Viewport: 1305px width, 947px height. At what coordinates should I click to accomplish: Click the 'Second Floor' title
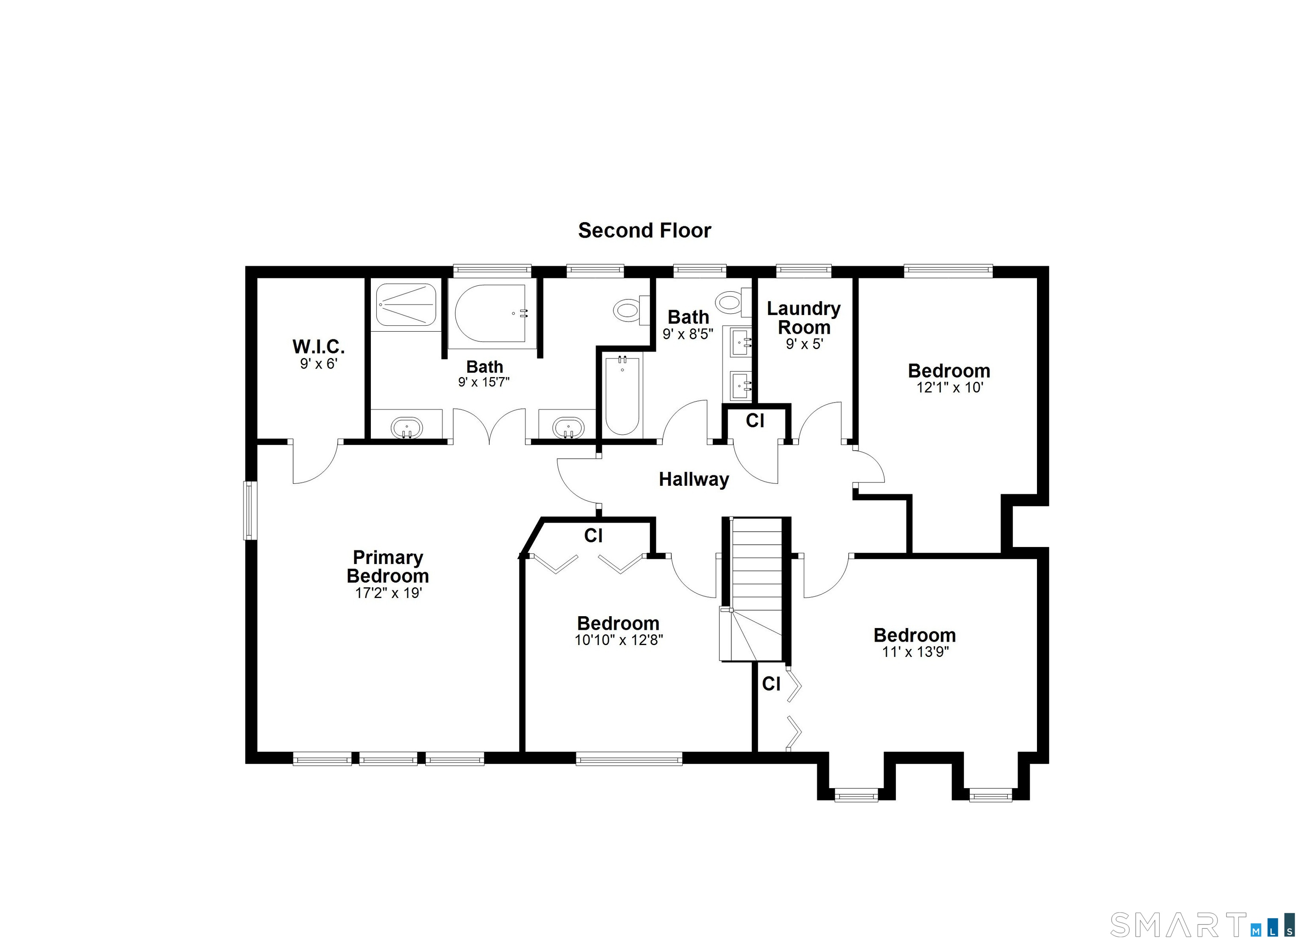coord(644,231)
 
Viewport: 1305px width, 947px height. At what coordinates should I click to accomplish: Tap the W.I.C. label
coord(318,347)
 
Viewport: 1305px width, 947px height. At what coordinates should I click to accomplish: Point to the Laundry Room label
coord(804,318)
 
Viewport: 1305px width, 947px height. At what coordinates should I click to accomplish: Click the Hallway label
coord(694,479)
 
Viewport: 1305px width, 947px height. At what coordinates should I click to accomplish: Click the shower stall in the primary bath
coord(406,304)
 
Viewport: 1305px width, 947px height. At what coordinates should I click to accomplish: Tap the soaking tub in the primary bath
coord(490,313)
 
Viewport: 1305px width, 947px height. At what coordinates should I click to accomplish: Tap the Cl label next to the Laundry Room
coord(755,420)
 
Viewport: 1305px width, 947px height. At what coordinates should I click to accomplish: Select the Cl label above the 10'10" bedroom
coord(593,536)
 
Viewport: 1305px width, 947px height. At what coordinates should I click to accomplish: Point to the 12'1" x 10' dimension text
coord(949,387)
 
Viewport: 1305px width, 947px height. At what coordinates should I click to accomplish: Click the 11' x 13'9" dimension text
coord(915,652)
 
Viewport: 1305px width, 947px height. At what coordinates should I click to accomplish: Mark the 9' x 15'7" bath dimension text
coord(484,382)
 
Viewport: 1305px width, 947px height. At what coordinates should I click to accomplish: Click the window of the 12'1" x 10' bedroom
coord(948,271)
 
